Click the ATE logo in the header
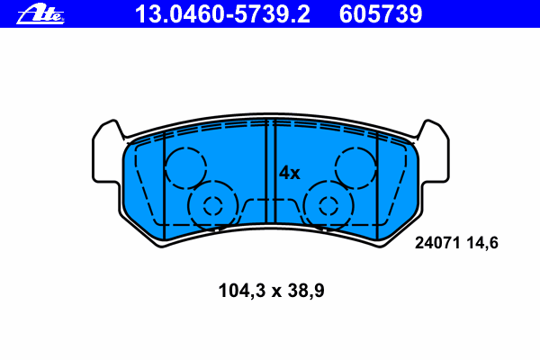[x=40, y=14]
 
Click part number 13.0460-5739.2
[x=222, y=14]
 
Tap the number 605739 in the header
[x=381, y=14]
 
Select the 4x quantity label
[x=289, y=173]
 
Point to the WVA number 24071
[x=437, y=243]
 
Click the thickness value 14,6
[x=482, y=243]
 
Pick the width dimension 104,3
[x=242, y=291]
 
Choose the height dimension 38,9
[x=306, y=291]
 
